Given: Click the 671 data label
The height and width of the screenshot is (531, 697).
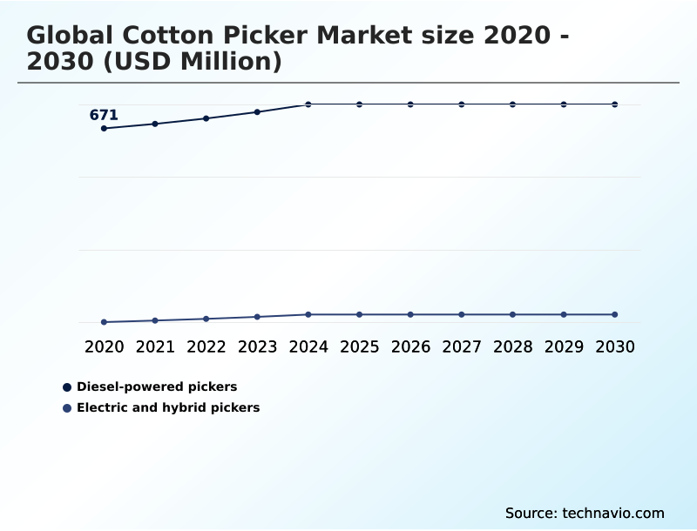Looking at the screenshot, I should tap(104, 115).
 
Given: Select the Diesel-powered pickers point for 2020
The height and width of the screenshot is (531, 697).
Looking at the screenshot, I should tap(104, 129).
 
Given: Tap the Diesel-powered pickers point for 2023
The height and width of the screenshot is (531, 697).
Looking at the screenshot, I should tap(257, 112).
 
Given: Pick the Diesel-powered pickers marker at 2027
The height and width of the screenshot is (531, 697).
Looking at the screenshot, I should tap(462, 104).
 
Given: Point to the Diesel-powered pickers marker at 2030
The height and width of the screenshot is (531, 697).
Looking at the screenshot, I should tap(615, 104).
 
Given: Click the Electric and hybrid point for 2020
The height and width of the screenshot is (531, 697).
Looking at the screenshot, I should tap(104, 322).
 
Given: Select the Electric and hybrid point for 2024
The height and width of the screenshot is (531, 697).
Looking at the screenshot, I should tap(308, 314).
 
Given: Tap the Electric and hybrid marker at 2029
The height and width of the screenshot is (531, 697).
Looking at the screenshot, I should tap(564, 314).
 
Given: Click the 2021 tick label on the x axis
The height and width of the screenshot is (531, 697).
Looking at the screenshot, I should tap(155, 346).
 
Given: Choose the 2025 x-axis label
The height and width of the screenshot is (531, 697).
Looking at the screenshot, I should tap(359, 346).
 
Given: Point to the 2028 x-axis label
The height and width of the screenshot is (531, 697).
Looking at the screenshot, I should tap(512, 346).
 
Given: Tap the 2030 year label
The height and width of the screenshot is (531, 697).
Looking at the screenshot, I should tap(615, 346).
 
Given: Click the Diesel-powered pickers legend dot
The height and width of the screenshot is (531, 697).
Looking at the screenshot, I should tap(67, 386).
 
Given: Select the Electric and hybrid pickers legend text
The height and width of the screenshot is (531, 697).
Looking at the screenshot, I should tap(168, 407).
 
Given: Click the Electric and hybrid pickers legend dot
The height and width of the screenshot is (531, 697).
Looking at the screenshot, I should tap(67, 407).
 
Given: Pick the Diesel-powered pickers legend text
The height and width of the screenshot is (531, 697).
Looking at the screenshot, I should tap(157, 386).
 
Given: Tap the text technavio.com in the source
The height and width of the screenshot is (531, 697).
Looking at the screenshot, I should tap(613, 513).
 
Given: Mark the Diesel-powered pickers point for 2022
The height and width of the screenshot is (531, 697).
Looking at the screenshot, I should tap(206, 118).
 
